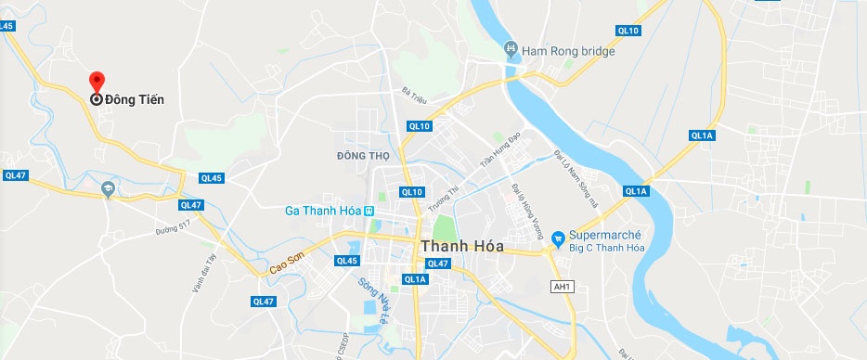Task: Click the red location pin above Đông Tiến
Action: click(x=97, y=82)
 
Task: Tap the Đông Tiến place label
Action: click(x=134, y=99)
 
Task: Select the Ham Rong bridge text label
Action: click(x=569, y=51)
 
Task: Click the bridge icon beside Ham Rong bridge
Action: click(x=510, y=49)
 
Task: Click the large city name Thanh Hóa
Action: click(x=462, y=247)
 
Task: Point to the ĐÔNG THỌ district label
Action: click(x=364, y=154)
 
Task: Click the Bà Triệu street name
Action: click(x=413, y=94)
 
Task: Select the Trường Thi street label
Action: click(x=453, y=198)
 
